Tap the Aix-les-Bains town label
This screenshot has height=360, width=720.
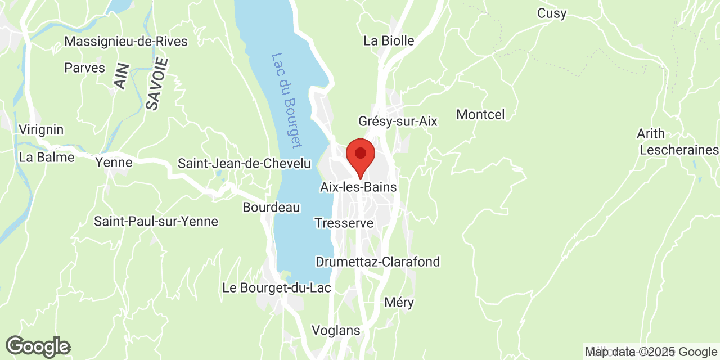(x=358, y=187)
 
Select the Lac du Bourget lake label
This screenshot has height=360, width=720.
(x=287, y=100)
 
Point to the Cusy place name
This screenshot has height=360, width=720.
(x=552, y=13)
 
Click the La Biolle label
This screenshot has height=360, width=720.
(x=389, y=40)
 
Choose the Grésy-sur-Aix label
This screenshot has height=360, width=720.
(x=398, y=121)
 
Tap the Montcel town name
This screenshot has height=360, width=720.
(x=480, y=115)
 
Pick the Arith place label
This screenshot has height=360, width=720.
(x=651, y=134)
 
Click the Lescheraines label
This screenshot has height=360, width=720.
(x=679, y=150)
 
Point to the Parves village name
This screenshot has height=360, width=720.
(x=85, y=68)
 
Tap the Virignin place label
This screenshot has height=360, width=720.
(x=41, y=130)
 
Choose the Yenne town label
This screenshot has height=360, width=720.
(x=114, y=163)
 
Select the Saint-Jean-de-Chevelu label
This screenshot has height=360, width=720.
(x=244, y=164)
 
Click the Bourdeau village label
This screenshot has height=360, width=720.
(x=271, y=207)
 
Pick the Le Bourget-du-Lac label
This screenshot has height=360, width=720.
(x=276, y=288)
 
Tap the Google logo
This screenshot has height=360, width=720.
(x=38, y=346)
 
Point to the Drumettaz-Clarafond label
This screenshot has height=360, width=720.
(x=377, y=262)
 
